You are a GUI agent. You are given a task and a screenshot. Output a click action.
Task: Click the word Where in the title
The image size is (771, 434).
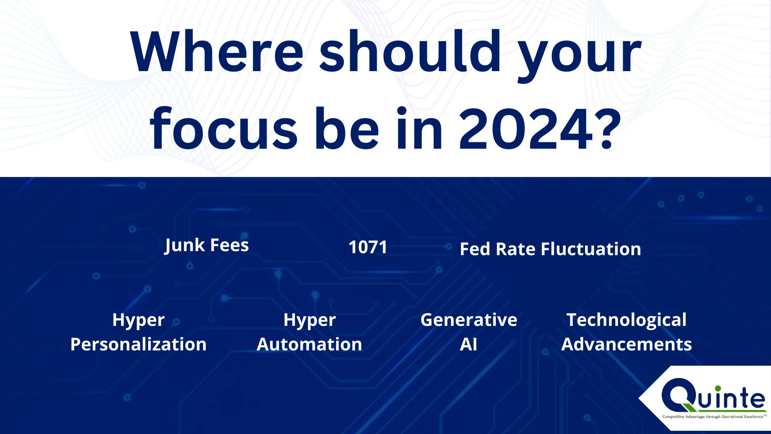pyautogui.click(x=217, y=52)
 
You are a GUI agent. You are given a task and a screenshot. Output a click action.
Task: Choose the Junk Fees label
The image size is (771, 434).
pyautogui.click(x=207, y=246)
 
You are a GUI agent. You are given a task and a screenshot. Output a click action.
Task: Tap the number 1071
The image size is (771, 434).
pyautogui.click(x=368, y=247)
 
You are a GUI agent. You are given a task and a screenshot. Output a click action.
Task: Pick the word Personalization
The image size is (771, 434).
pyautogui.click(x=139, y=344)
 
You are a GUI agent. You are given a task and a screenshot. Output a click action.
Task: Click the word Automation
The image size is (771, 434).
pyautogui.click(x=309, y=344)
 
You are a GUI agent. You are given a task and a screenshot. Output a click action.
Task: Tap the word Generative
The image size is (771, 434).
pyautogui.click(x=469, y=320)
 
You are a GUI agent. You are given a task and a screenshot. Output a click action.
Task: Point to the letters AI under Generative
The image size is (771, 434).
pyautogui.click(x=469, y=344)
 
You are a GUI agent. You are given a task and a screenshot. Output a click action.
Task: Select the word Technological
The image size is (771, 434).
pyautogui.click(x=626, y=320)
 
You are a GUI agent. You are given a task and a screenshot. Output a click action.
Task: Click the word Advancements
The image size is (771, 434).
pyautogui.click(x=626, y=344)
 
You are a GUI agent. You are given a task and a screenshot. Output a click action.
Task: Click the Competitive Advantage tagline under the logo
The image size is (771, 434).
pyautogui.click(x=714, y=417)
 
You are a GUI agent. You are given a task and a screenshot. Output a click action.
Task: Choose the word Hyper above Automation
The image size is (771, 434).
pyautogui.click(x=310, y=321)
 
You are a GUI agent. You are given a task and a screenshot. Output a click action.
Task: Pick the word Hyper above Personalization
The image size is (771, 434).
pyautogui.click(x=139, y=321)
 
